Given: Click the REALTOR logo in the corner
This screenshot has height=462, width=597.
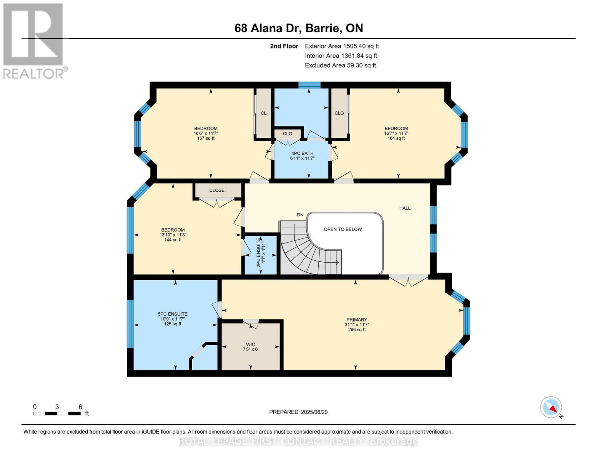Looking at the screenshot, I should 34,40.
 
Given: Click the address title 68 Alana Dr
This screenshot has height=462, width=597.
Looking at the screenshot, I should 298,28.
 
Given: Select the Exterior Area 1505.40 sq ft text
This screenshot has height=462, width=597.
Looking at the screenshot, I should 341,46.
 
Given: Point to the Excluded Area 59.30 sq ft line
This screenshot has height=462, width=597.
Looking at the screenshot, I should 340,65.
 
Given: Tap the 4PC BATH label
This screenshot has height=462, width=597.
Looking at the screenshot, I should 302,156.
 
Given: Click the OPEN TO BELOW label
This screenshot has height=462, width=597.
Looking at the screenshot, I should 343,229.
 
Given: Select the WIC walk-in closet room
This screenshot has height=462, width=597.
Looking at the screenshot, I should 250,346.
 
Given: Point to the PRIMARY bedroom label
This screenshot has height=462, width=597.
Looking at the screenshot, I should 356,324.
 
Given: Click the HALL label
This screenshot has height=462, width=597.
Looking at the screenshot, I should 404,208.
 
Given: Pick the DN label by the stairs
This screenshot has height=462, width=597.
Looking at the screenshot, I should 300,215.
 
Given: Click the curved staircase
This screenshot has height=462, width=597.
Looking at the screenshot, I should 304,250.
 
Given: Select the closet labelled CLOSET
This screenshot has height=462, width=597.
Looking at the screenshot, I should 218,190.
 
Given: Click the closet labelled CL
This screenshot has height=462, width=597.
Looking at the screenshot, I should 263,113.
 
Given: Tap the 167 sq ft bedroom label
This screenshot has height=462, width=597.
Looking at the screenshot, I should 206,133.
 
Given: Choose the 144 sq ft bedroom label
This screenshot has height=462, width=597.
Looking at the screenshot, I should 173,235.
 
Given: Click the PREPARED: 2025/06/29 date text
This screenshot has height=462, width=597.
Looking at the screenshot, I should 298,412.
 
